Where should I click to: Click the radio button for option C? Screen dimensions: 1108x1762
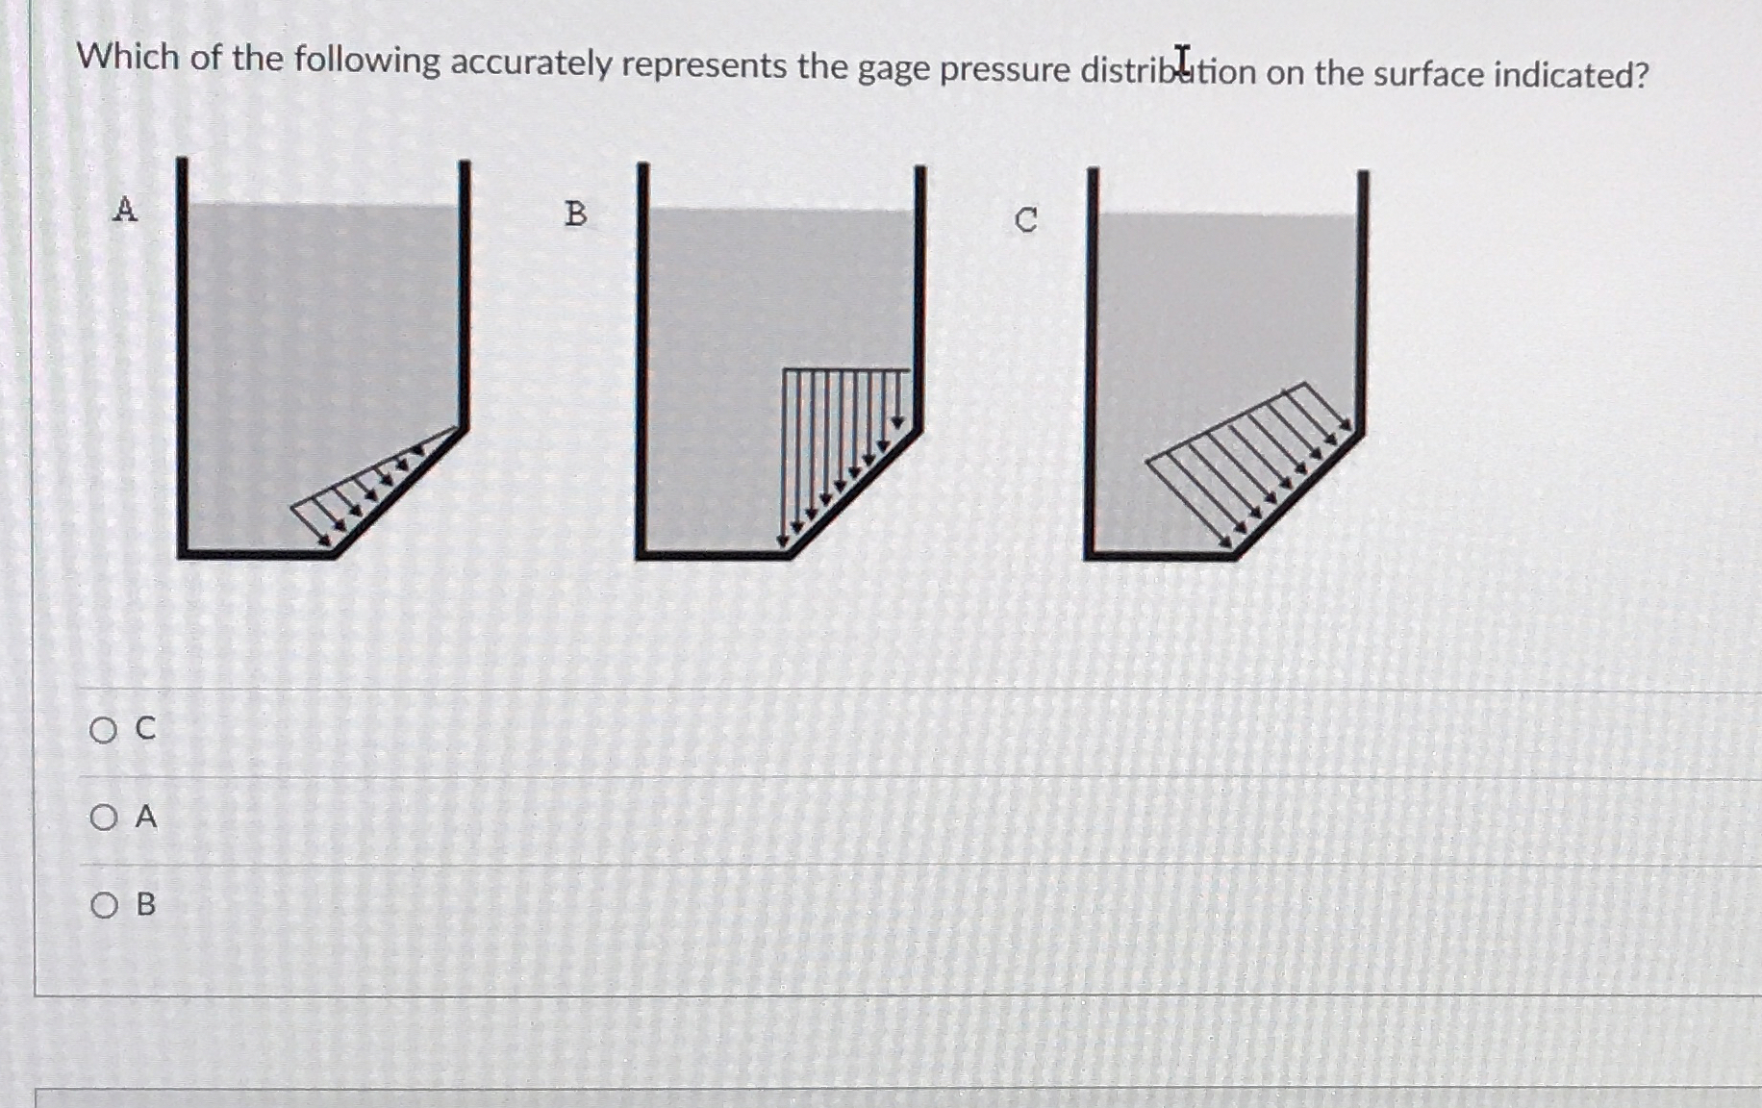tap(103, 731)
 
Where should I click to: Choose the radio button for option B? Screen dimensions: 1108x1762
tap(104, 906)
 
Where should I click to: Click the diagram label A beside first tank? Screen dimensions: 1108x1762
tap(125, 209)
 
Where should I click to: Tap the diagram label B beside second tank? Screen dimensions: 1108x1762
tap(575, 214)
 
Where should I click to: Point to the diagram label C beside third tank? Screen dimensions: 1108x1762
tap(1026, 220)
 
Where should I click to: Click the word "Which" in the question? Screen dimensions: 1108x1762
tap(128, 57)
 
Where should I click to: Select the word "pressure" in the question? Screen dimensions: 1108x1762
tap(1005, 70)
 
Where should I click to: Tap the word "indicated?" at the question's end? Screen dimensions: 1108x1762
tap(1570, 75)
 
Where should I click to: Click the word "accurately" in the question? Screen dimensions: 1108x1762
tap(531, 63)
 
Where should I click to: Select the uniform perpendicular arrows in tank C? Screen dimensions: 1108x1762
tap(1250, 462)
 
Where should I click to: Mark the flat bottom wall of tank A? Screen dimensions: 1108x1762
tap(255, 553)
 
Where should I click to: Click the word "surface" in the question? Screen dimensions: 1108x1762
tap(1427, 74)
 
